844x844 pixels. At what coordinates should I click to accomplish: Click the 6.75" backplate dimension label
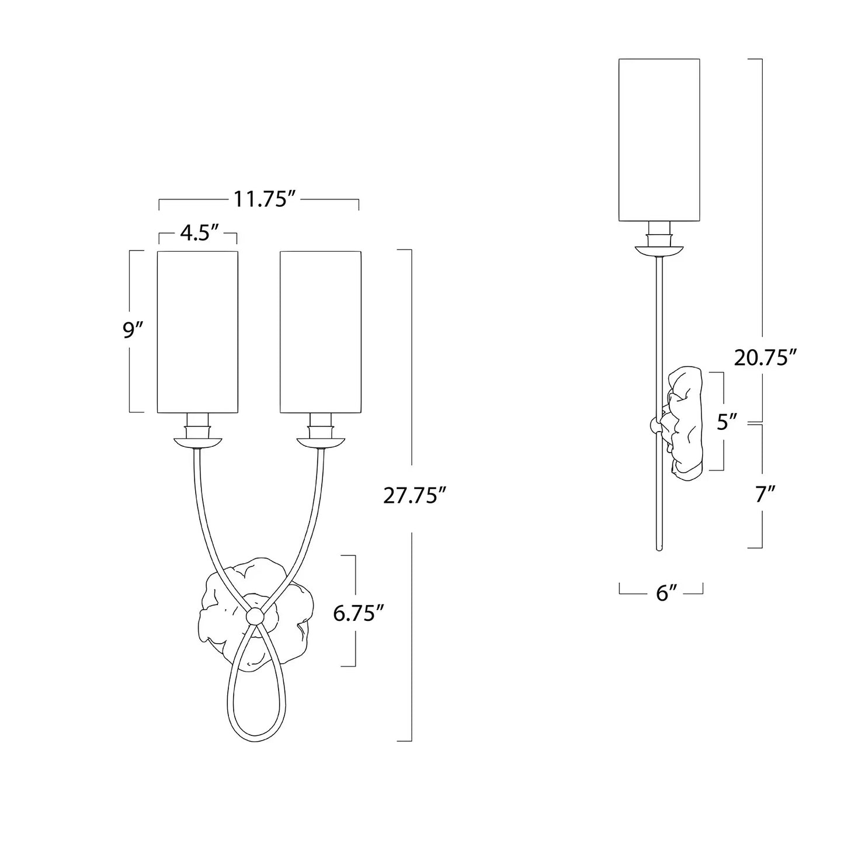pos(358,613)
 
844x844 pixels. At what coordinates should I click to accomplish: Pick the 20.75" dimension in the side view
pos(765,357)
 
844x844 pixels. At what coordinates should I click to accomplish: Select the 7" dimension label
pos(765,494)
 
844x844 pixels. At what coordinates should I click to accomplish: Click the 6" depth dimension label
pos(661,593)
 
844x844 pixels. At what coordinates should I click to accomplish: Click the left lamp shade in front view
pos(198,332)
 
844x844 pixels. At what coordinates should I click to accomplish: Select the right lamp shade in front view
pos(320,332)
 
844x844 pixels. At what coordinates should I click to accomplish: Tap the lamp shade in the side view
pos(659,140)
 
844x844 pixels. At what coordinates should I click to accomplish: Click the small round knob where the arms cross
pos(255,615)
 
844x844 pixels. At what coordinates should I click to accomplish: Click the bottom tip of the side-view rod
pos(659,548)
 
